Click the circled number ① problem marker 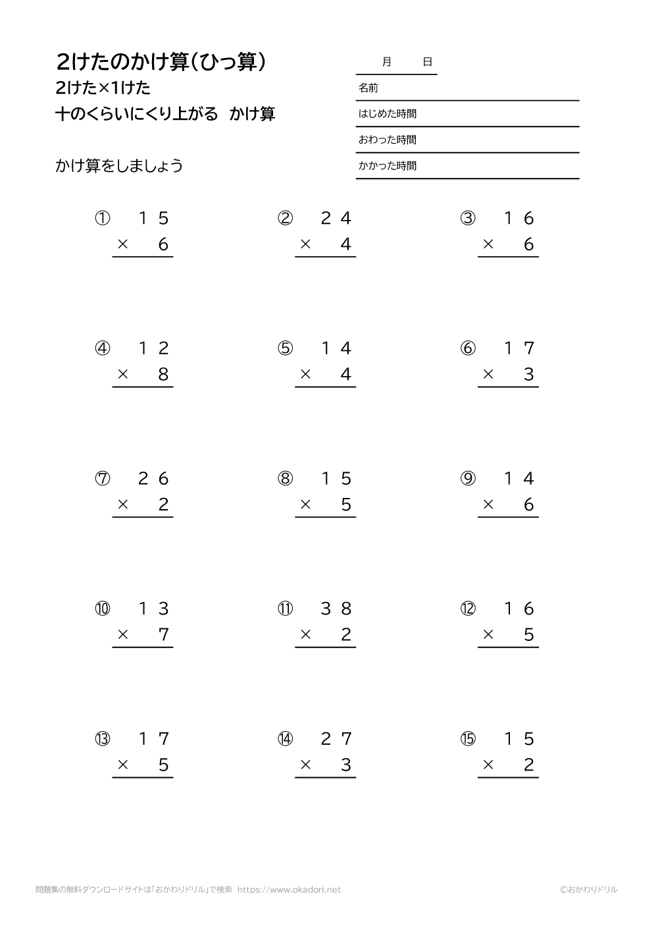pos(103,218)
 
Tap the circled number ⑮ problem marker pos(468,739)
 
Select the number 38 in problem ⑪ pos(336,609)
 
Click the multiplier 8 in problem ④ pos(164,375)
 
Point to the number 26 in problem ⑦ pos(154,479)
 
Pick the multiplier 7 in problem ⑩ pos(164,635)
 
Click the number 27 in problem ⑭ pos(336,739)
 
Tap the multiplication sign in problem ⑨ pos(488,505)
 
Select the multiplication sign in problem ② pos(305,245)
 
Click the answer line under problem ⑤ pos(325,387)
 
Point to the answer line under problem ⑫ pos(508,647)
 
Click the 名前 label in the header pos(368,88)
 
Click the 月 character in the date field pos(386,62)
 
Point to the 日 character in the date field pos(428,62)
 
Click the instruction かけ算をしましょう pos(119,166)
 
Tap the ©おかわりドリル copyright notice pos(588,890)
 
